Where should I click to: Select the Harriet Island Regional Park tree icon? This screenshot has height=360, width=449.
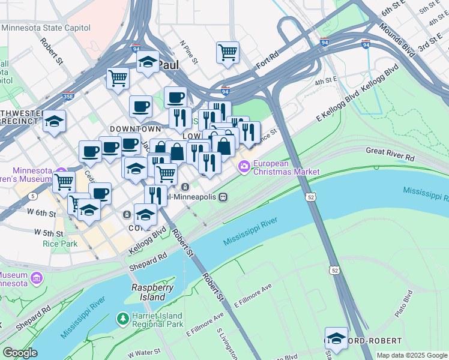click(122, 318)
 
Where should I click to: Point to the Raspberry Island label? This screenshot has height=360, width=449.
click(148, 292)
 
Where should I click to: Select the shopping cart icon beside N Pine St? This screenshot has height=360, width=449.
click(228, 53)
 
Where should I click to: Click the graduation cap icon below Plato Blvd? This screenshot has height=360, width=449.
click(336, 338)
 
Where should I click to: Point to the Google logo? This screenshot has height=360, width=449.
click(20, 353)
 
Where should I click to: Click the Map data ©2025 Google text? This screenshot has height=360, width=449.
click(412, 355)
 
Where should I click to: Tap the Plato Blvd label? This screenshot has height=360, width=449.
click(408, 301)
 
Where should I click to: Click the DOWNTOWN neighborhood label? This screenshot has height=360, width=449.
click(135, 129)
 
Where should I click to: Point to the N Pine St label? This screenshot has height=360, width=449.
click(189, 52)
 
